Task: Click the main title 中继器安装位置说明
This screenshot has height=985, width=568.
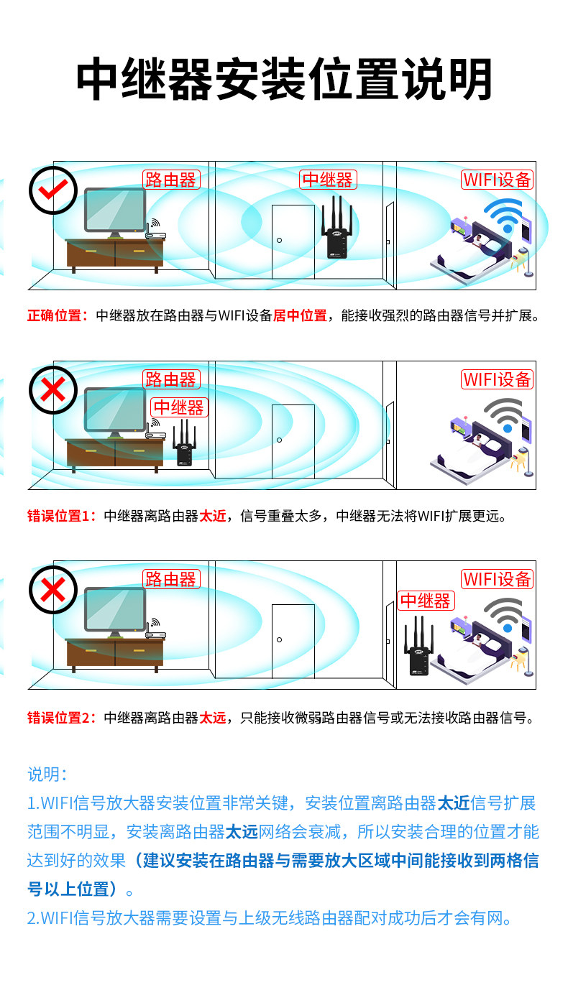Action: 284,79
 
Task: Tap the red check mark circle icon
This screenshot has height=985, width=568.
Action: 52,190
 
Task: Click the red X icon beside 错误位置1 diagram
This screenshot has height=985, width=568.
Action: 52,390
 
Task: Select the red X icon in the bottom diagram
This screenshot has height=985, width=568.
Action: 52,590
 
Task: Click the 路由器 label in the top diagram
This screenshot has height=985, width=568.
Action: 170,180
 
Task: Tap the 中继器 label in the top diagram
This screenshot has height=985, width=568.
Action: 327,180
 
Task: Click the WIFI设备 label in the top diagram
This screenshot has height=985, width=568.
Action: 497,180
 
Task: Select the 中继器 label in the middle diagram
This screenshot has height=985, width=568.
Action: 179,407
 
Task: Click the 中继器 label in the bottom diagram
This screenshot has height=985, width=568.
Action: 425,601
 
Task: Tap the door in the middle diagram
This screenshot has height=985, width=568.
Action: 293,440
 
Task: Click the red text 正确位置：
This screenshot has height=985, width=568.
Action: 58,315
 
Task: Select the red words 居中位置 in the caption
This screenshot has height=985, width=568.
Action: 300,315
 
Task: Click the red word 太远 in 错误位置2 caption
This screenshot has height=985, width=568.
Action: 212,717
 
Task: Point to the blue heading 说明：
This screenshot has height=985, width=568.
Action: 47,774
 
